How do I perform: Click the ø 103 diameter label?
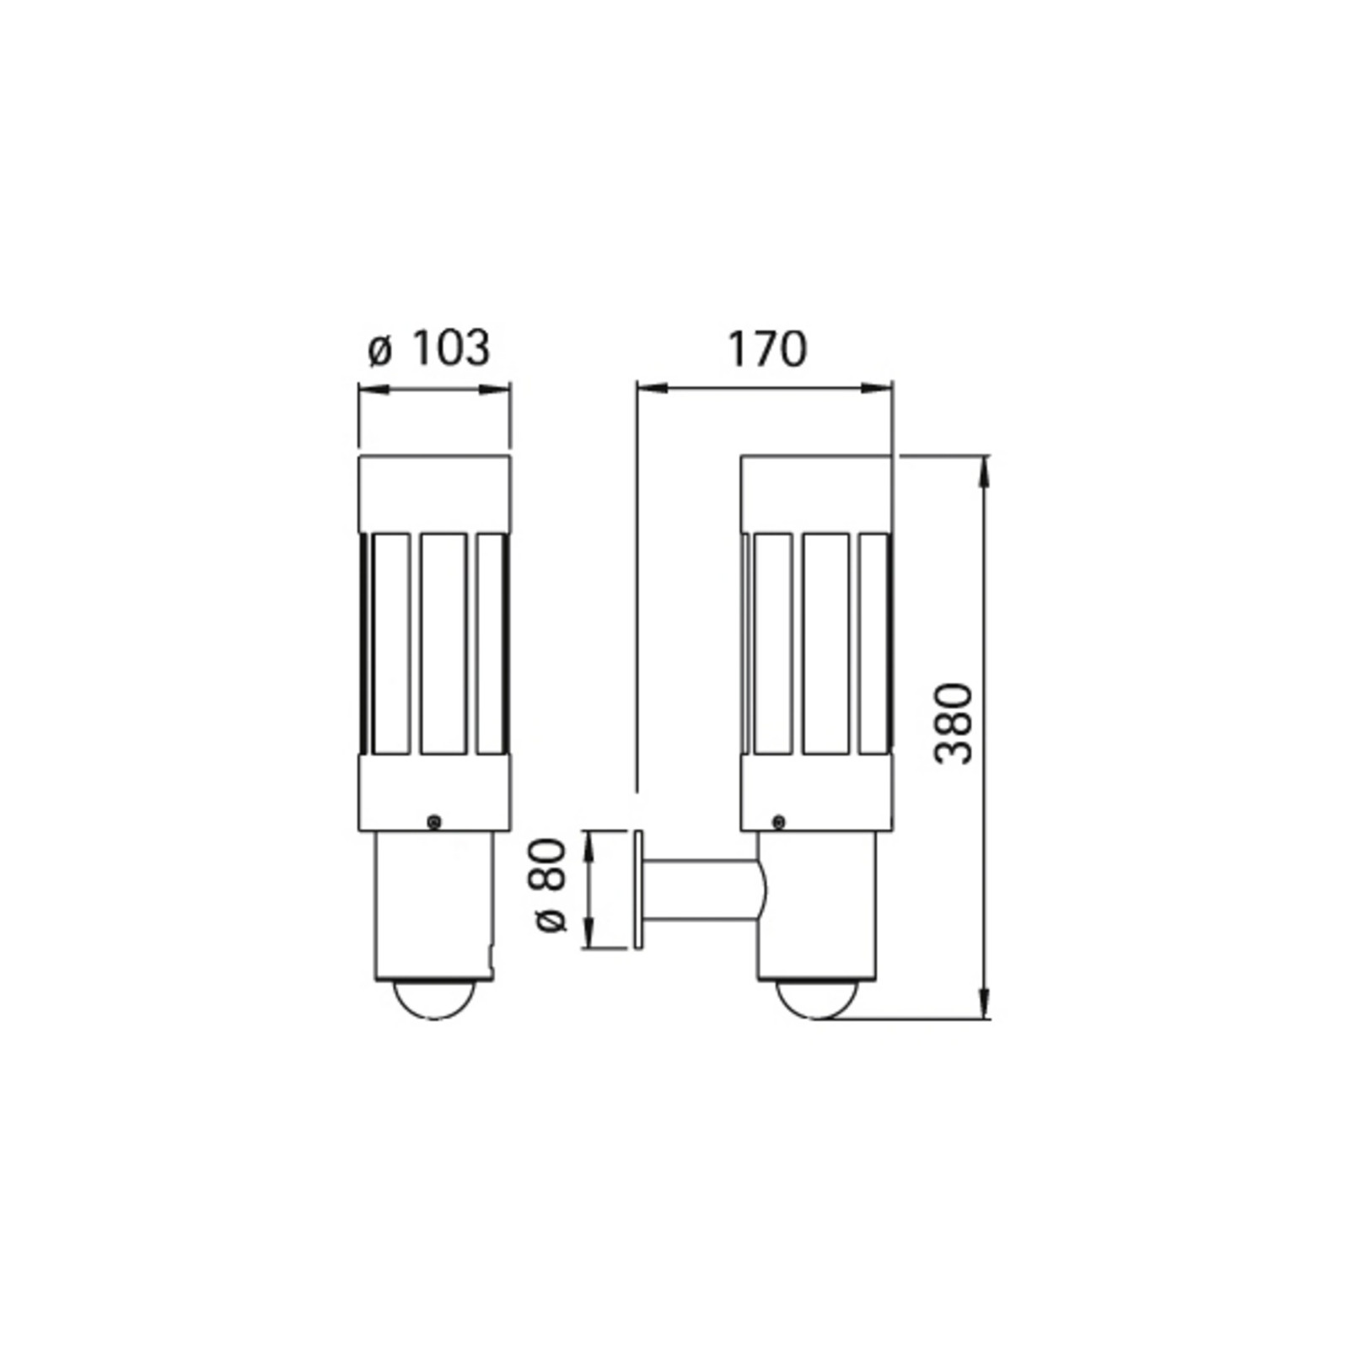point(428,348)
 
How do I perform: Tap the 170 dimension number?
point(766,349)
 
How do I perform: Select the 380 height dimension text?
point(955,723)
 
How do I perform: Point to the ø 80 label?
point(552,884)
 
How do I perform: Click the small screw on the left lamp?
point(434,822)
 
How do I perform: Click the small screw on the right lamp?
point(779,821)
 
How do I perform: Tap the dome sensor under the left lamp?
point(434,1001)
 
